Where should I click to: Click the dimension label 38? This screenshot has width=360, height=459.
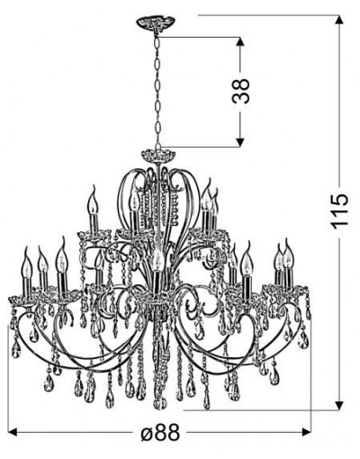click(x=241, y=91)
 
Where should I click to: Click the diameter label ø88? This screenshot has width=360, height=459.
click(x=160, y=433)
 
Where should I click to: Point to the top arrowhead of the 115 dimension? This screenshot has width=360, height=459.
click(x=338, y=21)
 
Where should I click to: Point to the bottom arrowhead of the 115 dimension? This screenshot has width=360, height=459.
click(x=338, y=404)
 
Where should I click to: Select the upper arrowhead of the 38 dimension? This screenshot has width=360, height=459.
click(x=239, y=42)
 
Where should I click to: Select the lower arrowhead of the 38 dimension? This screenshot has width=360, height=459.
click(x=239, y=141)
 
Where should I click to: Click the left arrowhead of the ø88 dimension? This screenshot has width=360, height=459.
click(x=13, y=432)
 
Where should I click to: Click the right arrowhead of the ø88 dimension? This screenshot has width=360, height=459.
click(x=306, y=432)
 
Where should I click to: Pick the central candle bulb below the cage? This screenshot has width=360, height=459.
click(x=156, y=260)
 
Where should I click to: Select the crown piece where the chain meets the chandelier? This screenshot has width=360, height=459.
click(x=157, y=156)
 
